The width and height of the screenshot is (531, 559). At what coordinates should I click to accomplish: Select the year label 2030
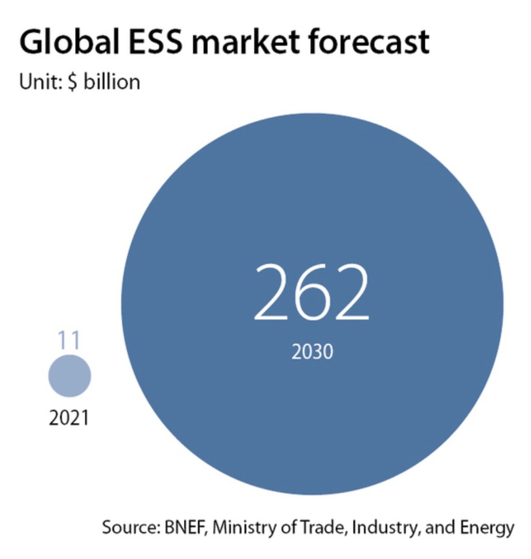[311, 352]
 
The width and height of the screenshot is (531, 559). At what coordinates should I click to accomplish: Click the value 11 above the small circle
[69, 340]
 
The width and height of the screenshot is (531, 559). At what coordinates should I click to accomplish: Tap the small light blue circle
[70, 376]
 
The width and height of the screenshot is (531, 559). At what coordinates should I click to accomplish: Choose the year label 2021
[69, 418]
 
